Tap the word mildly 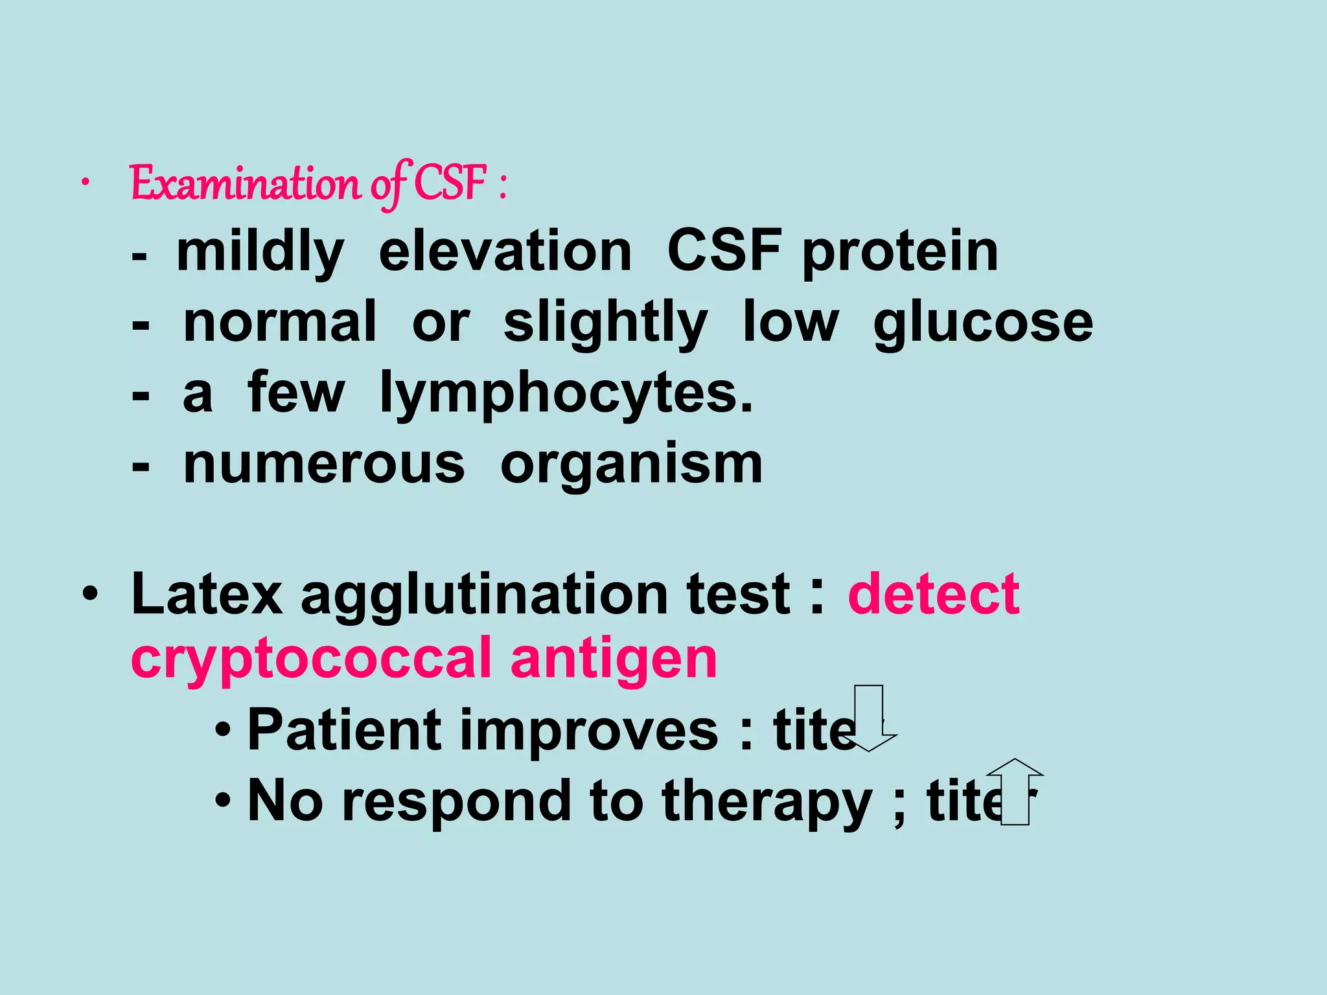pyautogui.click(x=260, y=252)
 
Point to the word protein pyautogui.click(x=900, y=252)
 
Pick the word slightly pyautogui.click(x=605, y=323)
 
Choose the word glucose pyautogui.click(x=983, y=323)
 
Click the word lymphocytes pyautogui.click(x=566, y=393)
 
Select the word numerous pyautogui.click(x=324, y=464)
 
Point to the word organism pyautogui.click(x=631, y=465)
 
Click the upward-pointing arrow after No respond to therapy pyautogui.click(x=1015, y=792)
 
